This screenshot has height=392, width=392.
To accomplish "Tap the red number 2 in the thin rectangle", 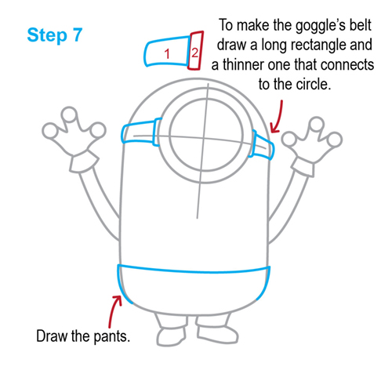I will (x=194, y=52).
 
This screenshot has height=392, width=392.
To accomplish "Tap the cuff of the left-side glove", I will (x=82, y=161).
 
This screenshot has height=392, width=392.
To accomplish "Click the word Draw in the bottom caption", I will (x=53, y=337).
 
